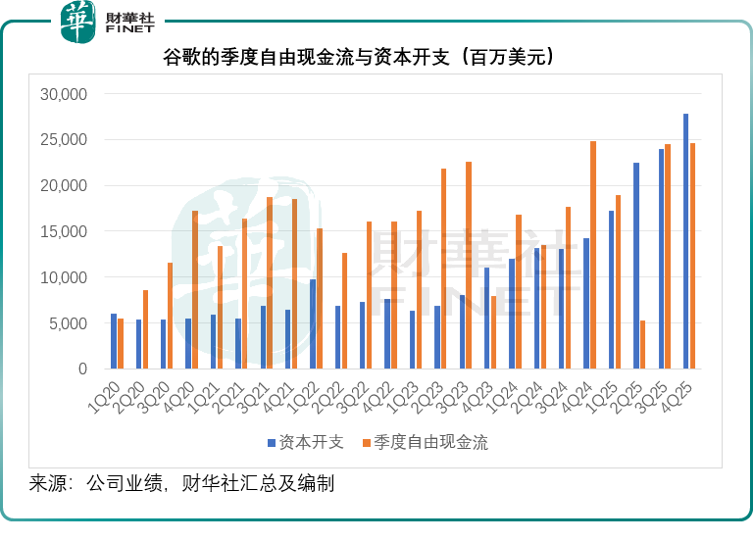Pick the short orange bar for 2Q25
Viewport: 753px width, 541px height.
[643, 345]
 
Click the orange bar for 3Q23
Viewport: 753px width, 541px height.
[469, 266]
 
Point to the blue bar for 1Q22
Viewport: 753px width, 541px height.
[313, 324]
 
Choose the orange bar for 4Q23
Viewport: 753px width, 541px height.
[493, 332]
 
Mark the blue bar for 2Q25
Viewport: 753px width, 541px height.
[635, 266]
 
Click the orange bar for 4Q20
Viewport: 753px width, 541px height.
[194, 290]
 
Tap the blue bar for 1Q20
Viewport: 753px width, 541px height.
[114, 341]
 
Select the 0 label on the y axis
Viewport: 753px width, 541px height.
[83, 369]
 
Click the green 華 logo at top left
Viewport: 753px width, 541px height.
[78, 22]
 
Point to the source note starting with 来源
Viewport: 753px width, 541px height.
[181, 483]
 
